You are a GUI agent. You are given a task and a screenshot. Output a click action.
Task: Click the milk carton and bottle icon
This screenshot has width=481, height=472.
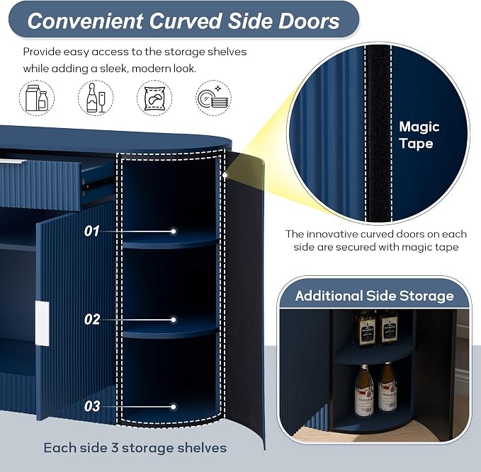[37, 98]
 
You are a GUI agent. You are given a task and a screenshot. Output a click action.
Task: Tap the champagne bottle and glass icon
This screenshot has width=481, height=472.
[96, 98]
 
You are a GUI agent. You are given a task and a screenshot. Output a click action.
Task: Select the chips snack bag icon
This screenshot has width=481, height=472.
[154, 98]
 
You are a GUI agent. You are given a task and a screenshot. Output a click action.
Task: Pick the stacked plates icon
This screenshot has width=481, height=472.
[213, 98]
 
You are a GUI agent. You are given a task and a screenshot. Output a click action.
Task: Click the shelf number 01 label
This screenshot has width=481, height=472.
[91, 231]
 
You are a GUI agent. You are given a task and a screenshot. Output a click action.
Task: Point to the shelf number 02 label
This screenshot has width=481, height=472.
[92, 320]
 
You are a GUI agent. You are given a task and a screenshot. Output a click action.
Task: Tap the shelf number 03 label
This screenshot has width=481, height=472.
[92, 406]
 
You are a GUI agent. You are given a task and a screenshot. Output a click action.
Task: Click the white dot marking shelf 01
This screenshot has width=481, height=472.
[174, 231]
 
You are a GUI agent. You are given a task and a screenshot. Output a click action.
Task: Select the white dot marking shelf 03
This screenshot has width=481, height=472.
[174, 407]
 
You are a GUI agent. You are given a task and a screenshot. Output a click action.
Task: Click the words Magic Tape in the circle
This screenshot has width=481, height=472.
[419, 135]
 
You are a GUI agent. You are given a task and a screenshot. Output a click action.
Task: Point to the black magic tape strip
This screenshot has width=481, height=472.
[378, 133]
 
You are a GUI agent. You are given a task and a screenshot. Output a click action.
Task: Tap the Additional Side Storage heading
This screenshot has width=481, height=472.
[374, 296]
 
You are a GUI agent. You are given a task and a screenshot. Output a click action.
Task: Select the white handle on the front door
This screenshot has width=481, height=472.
[42, 323]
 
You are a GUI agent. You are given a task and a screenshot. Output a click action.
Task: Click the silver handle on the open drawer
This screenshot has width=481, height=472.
[10, 161]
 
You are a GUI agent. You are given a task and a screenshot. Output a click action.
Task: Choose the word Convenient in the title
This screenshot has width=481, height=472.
[85, 21]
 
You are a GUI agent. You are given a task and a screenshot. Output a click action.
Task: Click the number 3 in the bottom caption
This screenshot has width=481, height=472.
[115, 448]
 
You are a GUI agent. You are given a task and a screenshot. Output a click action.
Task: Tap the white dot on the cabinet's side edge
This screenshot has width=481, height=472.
[225, 175]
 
